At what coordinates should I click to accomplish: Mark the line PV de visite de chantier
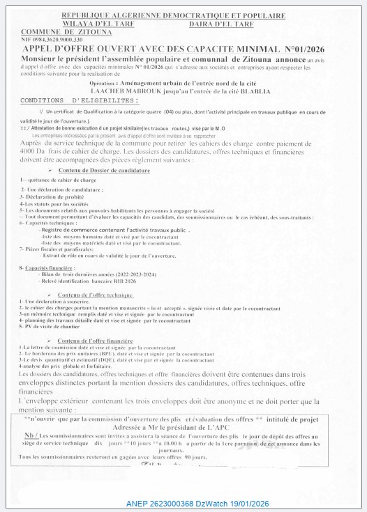(x=55, y=327)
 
